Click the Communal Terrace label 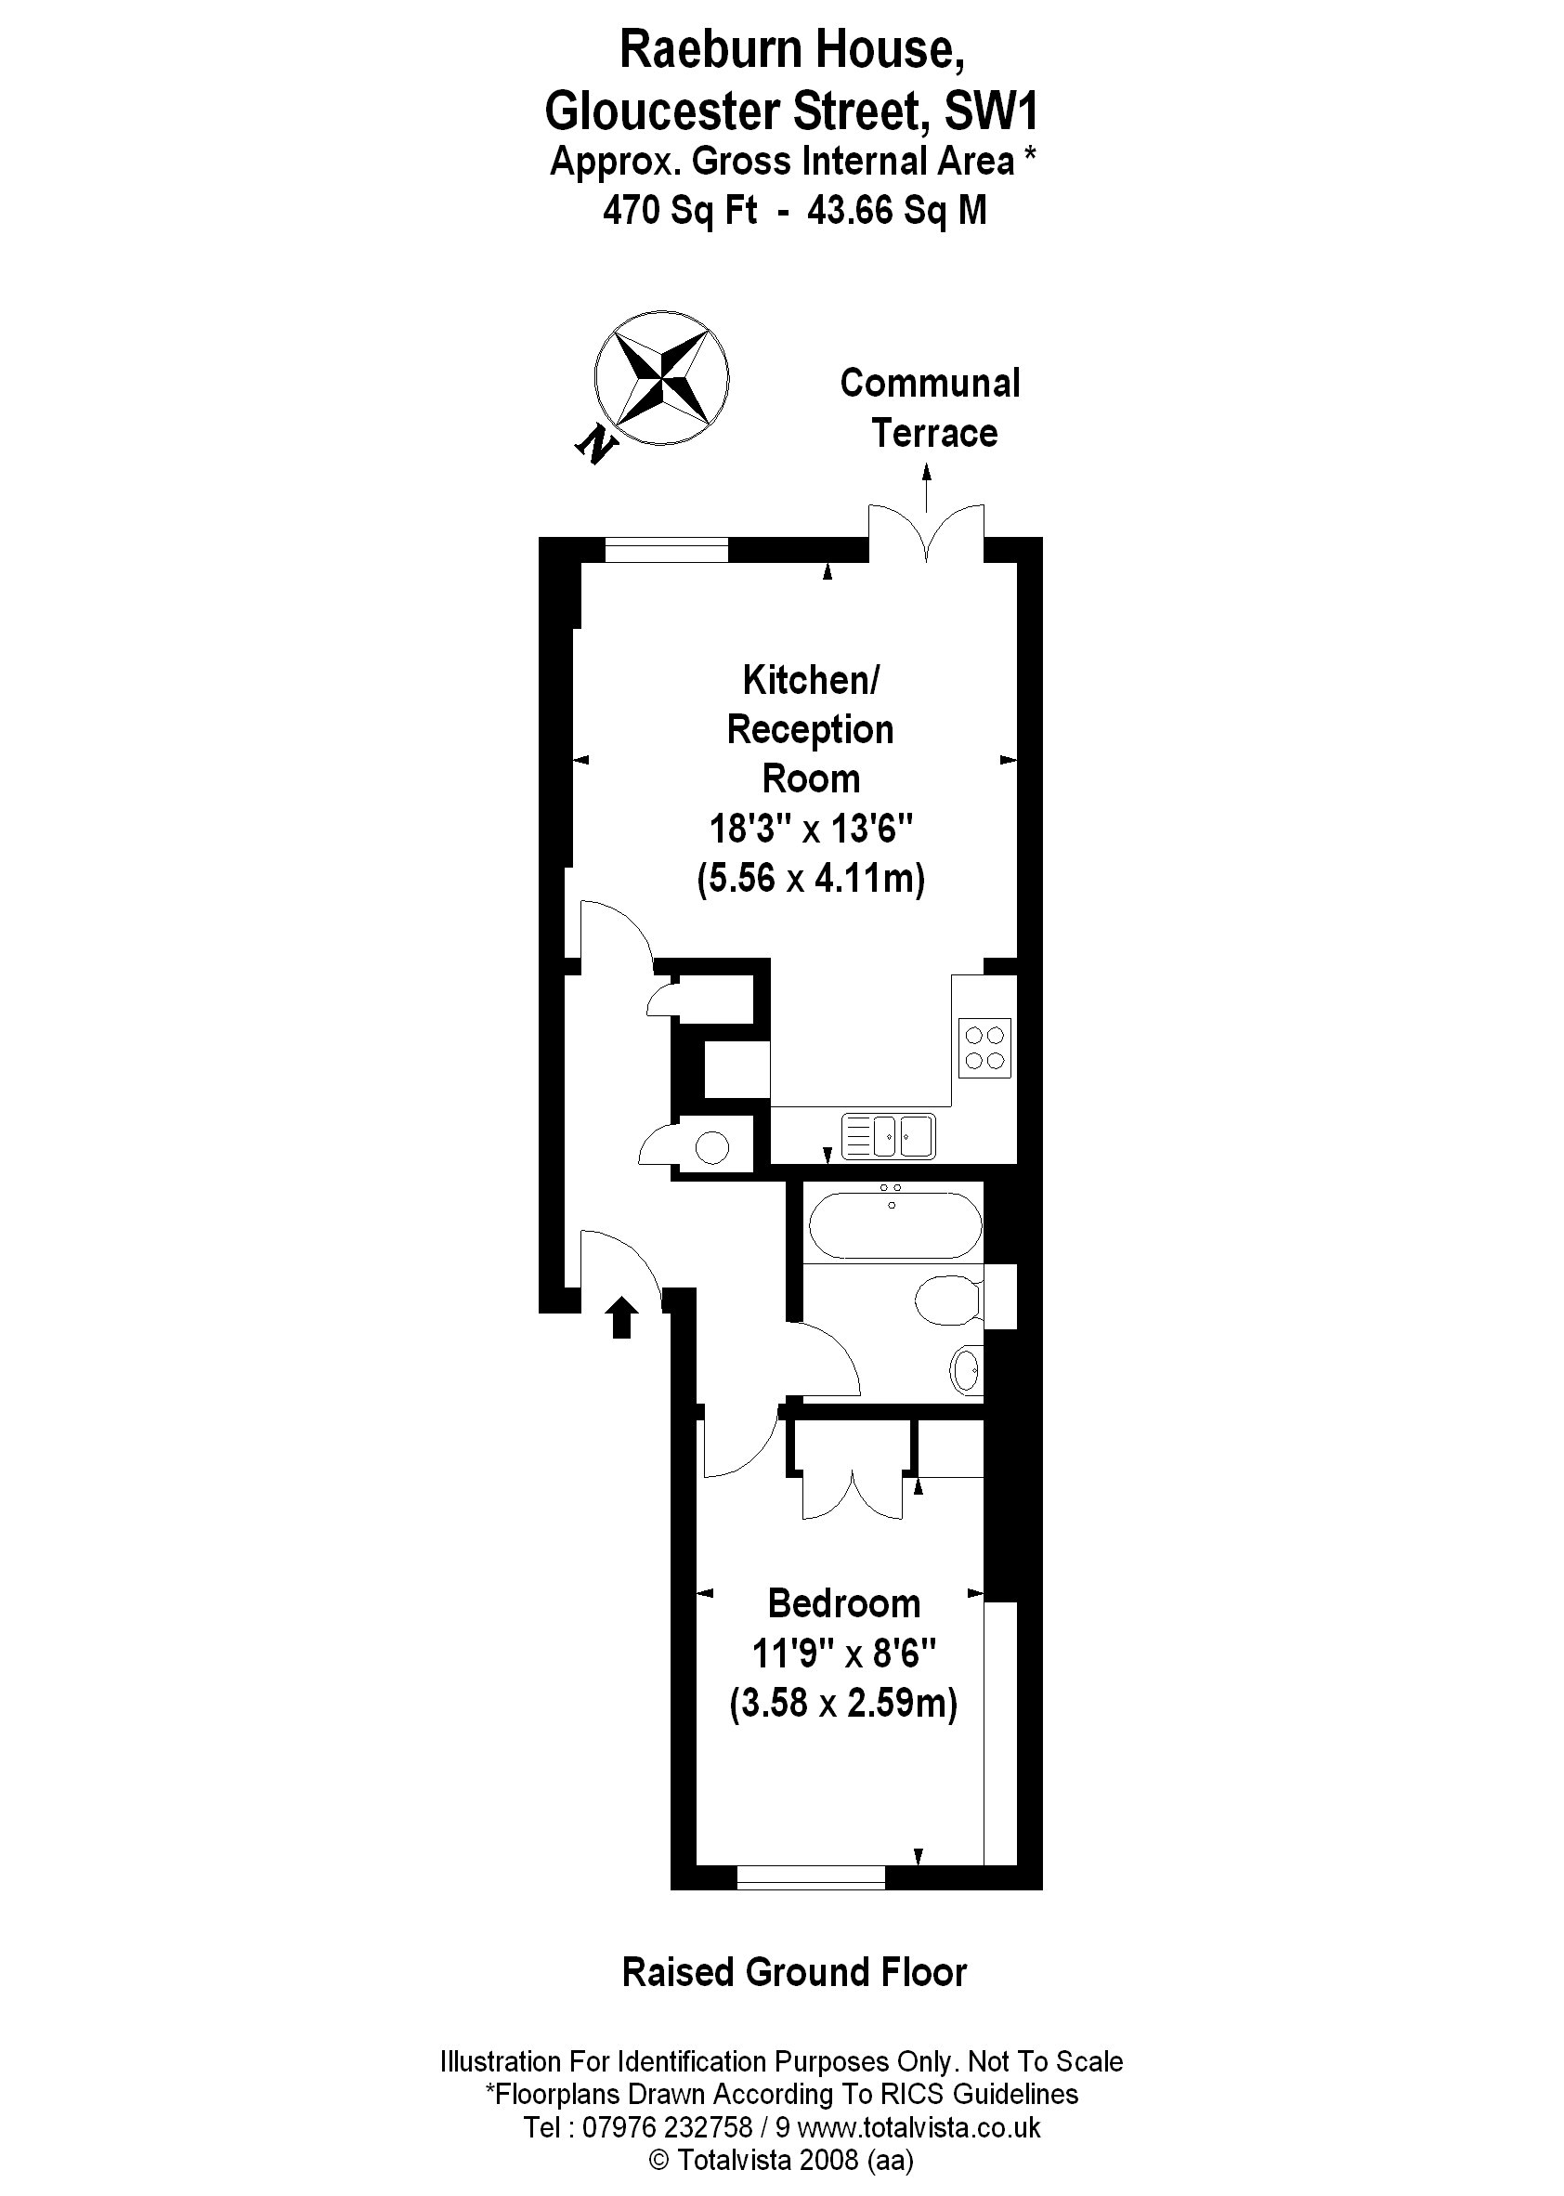coord(931,408)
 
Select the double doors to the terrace coord(927,535)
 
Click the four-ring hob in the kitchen coord(984,1047)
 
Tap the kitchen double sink coord(888,1135)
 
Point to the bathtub coord(894,1226)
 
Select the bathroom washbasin coord(966,1368)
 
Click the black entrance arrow coord(621,1316)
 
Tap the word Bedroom coord(843,1603)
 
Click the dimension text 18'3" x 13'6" coord(811,828)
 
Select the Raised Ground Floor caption coord(793,1972)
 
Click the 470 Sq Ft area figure coord(680,209)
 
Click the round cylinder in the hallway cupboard coord(712,1147)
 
